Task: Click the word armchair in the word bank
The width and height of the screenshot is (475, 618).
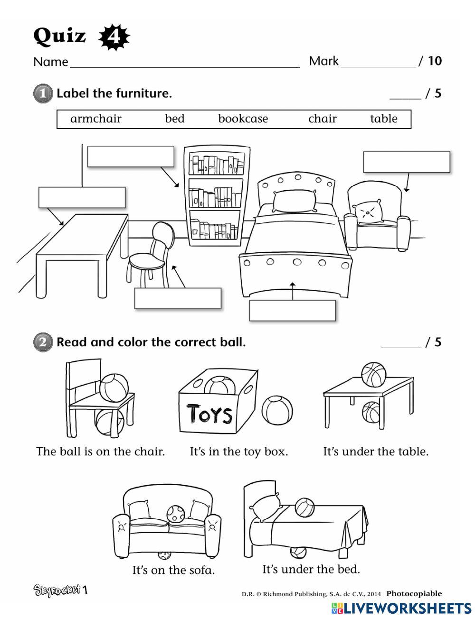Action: [x=95, y=119]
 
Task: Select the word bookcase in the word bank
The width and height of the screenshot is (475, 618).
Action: [x=243, y=119]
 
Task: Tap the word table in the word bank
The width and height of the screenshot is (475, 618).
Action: [x=383, y=119]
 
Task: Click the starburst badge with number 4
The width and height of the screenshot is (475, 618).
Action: [x=114, y=37]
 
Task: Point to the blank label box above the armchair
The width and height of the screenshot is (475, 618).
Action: [x=406, y=162]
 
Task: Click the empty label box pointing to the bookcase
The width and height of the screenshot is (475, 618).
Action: [x=131, y=157]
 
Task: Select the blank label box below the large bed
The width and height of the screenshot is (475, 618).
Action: [x=292, y=310]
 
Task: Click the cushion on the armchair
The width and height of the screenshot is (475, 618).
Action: [x=369, y=211]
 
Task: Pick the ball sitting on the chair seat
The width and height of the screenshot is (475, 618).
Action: [x=114, y=387]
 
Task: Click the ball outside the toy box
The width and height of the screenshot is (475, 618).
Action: [x=276, y=410]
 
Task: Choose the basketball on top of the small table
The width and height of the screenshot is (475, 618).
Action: [x=374, y=374]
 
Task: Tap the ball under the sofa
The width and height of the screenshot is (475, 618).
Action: [x=164, y=554]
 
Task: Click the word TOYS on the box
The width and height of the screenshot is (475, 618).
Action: [x=209, y=414]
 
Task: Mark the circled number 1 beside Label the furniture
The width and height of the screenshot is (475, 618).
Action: [x=43, y=93]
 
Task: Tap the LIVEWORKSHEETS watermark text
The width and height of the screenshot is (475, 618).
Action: [x=401, y=608]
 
